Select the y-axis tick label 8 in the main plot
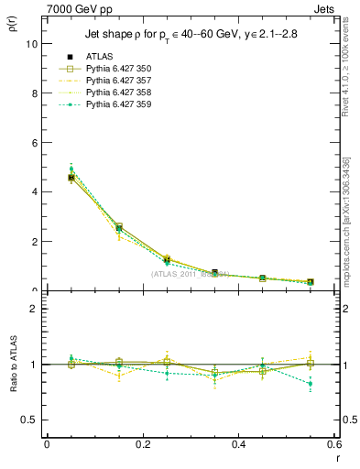33,93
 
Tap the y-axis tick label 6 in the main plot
33,142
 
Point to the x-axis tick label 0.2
142,444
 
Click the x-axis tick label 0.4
238,444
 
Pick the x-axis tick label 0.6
333,444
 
